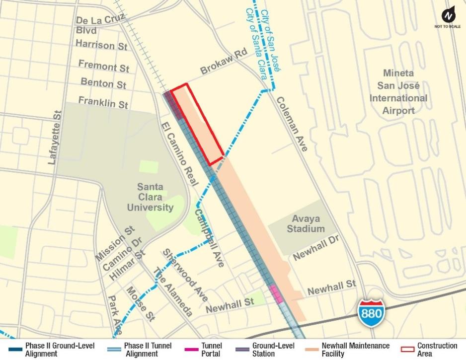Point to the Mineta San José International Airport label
pos(398,92)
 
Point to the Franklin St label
pos(103,102)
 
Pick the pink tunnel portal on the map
pos(276,293)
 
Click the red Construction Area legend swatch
pos(407,350)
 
